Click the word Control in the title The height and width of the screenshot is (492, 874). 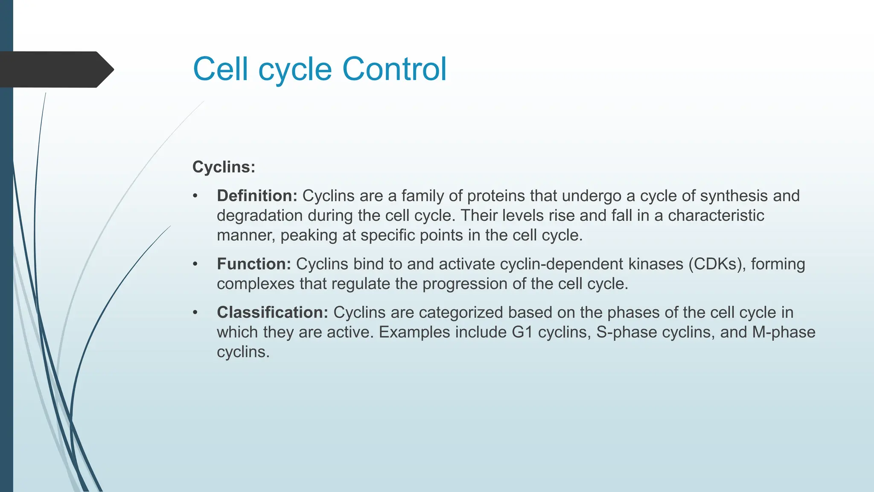point(394,69)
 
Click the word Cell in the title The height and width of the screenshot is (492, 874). point(220,69)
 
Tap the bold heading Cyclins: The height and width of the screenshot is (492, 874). point(224,167)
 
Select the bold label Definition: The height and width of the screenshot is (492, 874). point(257,196)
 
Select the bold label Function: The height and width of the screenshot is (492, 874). point(254,264)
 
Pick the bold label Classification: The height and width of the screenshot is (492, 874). point(272,312)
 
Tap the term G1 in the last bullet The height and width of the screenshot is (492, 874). point(522,332)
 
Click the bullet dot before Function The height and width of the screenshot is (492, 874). point(195,264)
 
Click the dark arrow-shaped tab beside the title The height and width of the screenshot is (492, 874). point(55,69)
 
